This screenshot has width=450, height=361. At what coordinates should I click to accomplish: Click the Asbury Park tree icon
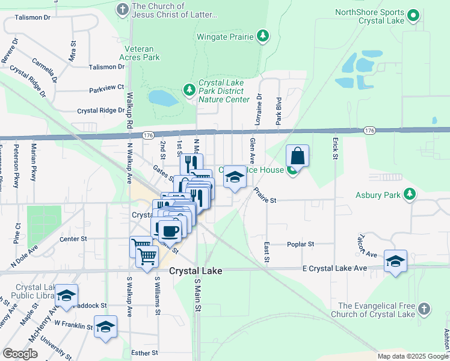410,194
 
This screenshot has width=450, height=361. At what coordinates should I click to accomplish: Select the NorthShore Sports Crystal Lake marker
413,15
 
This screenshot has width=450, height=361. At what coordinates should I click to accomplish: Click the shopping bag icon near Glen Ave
297,156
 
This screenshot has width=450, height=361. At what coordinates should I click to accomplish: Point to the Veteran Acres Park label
142,53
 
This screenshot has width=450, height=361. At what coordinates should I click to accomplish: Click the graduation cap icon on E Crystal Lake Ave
395,261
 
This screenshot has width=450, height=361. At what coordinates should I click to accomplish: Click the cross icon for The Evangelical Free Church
425,309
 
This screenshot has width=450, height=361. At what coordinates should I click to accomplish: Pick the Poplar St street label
303,244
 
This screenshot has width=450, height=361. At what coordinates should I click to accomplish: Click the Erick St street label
334,148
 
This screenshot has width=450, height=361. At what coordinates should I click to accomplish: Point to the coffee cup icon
170,229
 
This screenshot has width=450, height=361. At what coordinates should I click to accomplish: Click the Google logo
20,354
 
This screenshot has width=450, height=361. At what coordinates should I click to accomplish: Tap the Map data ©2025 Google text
413,356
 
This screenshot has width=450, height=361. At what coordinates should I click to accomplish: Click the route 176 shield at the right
369,131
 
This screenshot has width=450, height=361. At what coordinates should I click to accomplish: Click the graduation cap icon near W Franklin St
105,327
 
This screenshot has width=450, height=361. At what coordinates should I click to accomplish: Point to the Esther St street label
145,353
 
